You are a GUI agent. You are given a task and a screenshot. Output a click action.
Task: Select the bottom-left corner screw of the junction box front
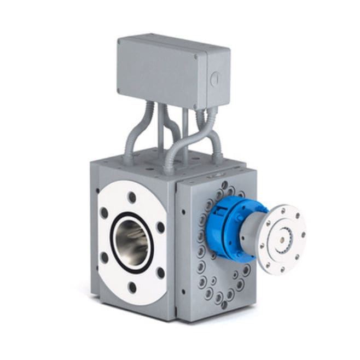[118, 91]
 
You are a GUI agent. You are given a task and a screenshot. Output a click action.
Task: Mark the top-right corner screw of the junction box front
[204, 55]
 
